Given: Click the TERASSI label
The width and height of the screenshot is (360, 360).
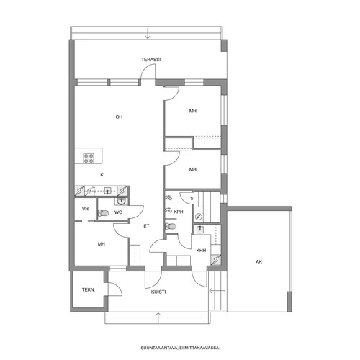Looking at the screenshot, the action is (151, 60).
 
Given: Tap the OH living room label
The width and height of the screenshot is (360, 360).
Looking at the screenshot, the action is (119, 117).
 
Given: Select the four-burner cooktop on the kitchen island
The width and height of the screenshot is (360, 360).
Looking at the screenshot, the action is (89, 158).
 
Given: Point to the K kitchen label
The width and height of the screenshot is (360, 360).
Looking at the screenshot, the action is (102, 175).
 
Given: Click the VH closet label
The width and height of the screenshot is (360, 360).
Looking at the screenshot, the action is (85, 209).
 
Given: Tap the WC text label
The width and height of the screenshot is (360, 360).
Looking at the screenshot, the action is (118, 212).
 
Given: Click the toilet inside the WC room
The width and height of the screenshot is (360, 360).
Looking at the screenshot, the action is (104, 213).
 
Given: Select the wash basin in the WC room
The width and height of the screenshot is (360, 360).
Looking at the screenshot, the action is (121, 201).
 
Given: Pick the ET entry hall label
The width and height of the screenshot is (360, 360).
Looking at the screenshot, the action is (146, 226).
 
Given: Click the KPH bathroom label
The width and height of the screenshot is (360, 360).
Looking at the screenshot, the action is (179, 212).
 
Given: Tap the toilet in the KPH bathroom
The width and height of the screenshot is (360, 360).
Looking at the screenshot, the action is (171, 227).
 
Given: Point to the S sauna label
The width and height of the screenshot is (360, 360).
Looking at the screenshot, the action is (192, 199).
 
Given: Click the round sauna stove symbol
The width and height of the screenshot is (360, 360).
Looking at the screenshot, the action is (199, 217).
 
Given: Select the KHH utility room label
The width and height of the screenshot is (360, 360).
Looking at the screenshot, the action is (201, 251).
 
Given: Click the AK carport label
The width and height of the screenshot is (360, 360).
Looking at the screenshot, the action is (258, 262).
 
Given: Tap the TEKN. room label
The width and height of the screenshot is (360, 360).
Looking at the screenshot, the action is (89, 290).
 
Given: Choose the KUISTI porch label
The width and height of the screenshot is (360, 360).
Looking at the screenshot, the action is (158, 292).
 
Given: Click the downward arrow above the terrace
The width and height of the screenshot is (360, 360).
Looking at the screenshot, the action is (148, 33).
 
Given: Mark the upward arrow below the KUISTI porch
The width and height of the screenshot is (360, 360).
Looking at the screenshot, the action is (158, 318).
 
